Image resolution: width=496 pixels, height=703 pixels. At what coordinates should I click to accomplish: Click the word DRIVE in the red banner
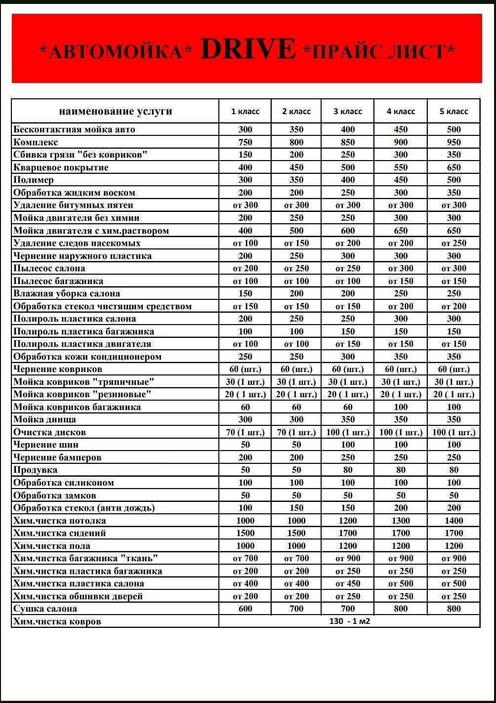click(248, 49)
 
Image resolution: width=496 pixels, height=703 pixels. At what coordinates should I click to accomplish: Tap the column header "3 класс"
click(348, 111)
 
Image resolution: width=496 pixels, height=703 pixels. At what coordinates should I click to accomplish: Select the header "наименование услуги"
click(116, 111)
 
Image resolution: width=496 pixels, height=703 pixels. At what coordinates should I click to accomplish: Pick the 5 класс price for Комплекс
click(454, 142)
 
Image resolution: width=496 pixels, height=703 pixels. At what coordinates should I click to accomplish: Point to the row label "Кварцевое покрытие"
click(61, 167)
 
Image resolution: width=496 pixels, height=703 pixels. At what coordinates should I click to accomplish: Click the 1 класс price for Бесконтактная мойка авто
click(245, 129)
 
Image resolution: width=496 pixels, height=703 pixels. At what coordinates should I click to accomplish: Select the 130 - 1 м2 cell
click(349, 621)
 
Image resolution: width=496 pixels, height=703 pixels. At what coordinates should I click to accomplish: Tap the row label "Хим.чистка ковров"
click(57, 621)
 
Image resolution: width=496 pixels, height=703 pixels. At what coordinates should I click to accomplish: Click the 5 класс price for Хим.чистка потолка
click(454, 521)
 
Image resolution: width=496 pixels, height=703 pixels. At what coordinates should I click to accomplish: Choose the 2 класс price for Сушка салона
click(296, 609)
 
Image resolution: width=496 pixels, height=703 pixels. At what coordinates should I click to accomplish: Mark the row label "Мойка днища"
click(44, 419)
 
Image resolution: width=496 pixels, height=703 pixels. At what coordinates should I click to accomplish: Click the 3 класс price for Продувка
click(348, 470)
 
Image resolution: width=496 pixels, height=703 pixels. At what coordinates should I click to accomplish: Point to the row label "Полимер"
click(34, 180)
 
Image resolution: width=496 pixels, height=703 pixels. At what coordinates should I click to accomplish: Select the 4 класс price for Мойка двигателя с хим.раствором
click(401, 231)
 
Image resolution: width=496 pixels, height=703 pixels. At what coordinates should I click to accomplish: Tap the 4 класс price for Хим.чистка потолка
click(401, 521)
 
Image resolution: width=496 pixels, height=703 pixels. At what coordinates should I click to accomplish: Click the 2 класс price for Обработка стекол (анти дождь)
click(296, 508)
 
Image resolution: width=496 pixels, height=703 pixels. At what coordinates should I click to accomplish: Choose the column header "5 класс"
click(454, 111)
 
